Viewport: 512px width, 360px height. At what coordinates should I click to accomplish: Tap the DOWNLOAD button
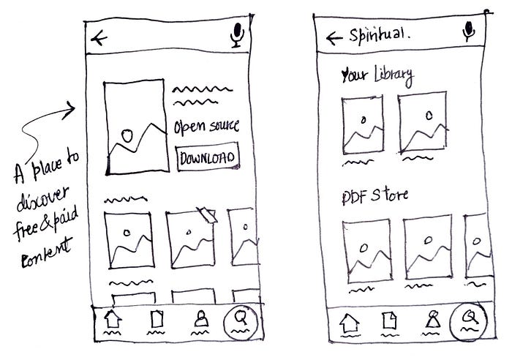pos(208,157)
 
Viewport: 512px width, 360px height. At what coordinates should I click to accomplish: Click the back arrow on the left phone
pos(97,37)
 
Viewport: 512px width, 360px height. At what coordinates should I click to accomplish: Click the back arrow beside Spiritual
pos(335,37)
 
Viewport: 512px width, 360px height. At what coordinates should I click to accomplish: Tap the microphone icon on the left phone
pos(236,35)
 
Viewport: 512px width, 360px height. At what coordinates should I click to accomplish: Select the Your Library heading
pos(377,75)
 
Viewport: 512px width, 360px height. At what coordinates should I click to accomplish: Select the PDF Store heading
pos(374,196)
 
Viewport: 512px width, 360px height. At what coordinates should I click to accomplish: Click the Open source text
pos(206,127)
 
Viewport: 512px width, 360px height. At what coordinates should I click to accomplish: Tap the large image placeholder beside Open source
pos(134,127)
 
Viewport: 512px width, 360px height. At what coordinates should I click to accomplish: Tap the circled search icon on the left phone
pos(238,320)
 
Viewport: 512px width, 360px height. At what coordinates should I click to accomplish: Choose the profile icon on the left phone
pos(197,320)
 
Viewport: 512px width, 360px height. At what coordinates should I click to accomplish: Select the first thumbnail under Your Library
pos(364,125)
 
